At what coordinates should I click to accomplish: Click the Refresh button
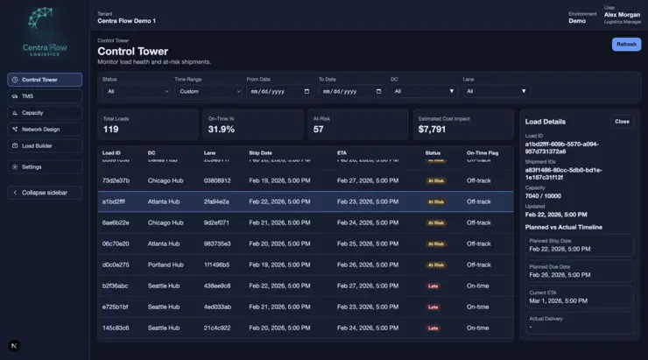(x=626, y=44)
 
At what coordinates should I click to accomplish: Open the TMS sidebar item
(x=45, y=96)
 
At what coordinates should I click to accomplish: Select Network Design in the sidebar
(x=45, y=129)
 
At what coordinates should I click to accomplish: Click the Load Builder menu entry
(x=45, y=145)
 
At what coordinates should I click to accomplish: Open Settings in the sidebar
(x=45, y=166)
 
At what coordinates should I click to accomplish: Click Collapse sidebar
(x=45, y=192)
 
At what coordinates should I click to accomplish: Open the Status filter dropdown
(x=136, y=90)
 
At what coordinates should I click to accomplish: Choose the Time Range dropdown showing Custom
(x=208, y=90)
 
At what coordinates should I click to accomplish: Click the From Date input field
(x=278, y=90)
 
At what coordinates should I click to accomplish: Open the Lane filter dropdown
(x=497, y=90)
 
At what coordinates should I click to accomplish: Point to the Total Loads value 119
(x=111, y=129)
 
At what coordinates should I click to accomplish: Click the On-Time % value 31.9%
(x=221, y=129)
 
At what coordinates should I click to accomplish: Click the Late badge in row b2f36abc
(x=433, y=286)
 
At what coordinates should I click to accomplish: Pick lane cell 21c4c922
(x=217, y=328)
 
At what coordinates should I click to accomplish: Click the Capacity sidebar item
(x=45, y=113)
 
